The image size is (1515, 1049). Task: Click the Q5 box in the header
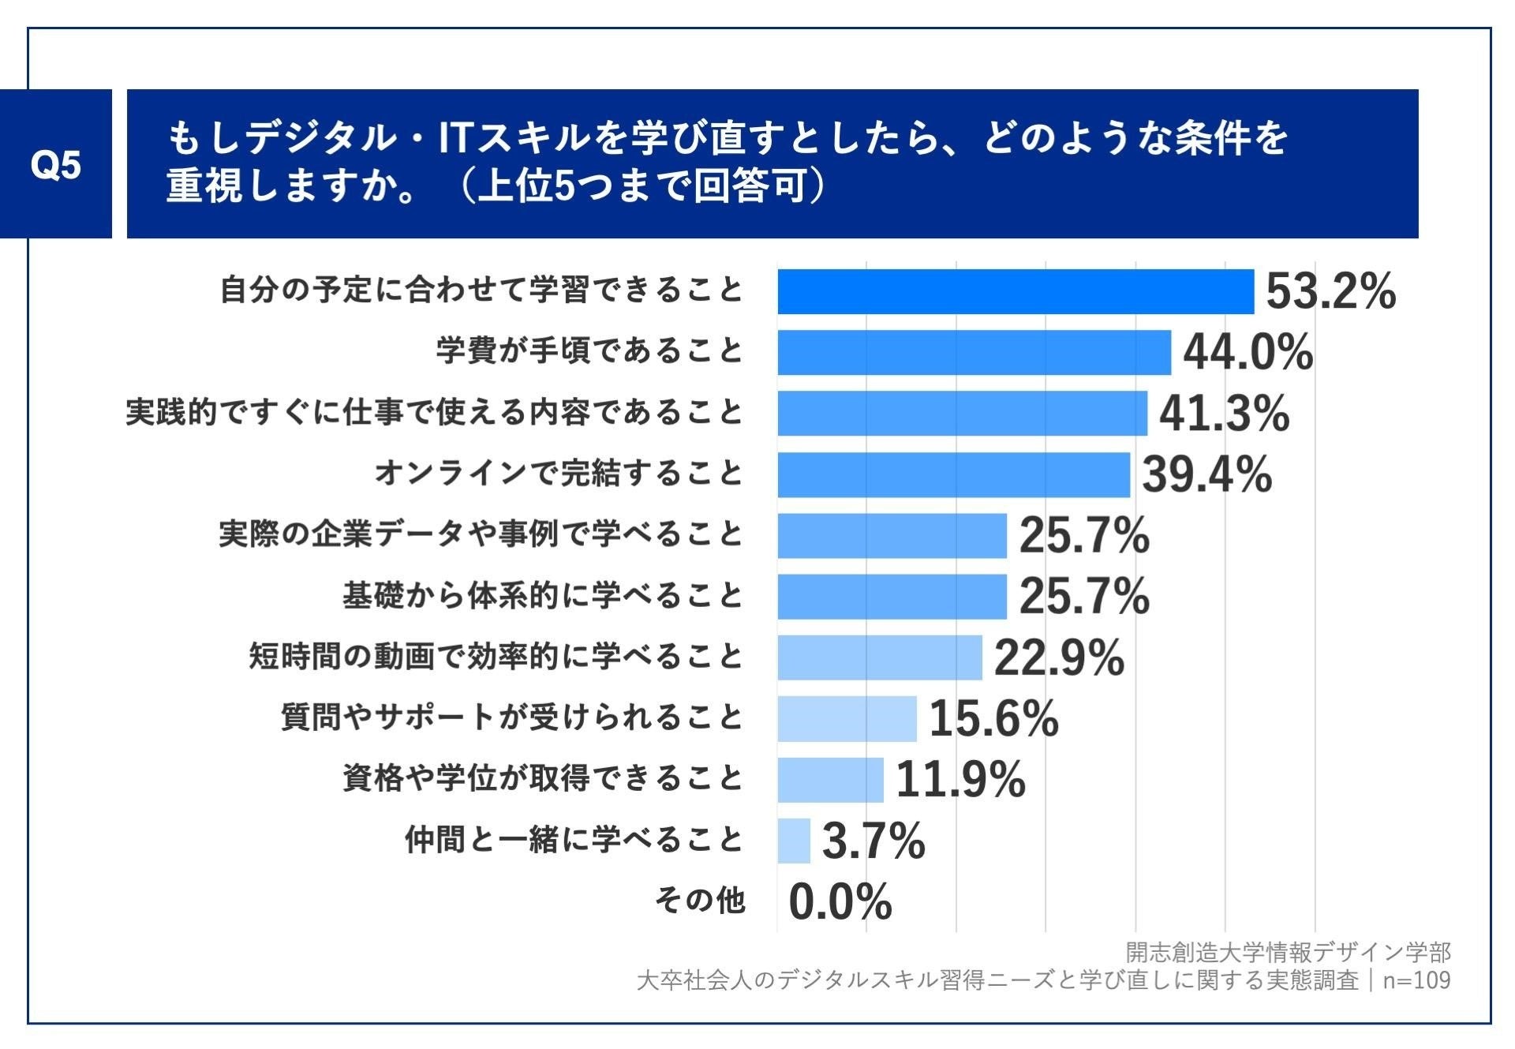point(55,164)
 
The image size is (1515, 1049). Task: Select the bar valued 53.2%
point(1015,291)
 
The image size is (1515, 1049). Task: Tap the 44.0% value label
point(1248,352)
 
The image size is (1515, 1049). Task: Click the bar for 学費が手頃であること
point(974,352)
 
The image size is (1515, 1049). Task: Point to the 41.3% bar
point(962,413)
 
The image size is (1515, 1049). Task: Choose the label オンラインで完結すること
point(559,474)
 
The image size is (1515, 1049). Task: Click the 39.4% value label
point(1206,474)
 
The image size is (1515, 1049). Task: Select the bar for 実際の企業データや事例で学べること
point(892,535)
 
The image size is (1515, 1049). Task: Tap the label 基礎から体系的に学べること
point(543,596)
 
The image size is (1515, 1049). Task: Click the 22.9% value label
point(1058,657)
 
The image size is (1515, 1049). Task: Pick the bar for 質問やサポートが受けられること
point(847,718)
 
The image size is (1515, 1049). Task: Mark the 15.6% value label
point(993,718)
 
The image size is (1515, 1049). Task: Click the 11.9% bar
point(830,780)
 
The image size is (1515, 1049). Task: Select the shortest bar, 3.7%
point(793,841)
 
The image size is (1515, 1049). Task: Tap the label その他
point(700,901)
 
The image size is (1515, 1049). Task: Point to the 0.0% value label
point(840,902)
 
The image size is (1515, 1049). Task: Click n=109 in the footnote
point(1416,980)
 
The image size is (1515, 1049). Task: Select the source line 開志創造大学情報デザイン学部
point(1288,953)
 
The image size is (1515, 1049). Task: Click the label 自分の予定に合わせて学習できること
point(481,290)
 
